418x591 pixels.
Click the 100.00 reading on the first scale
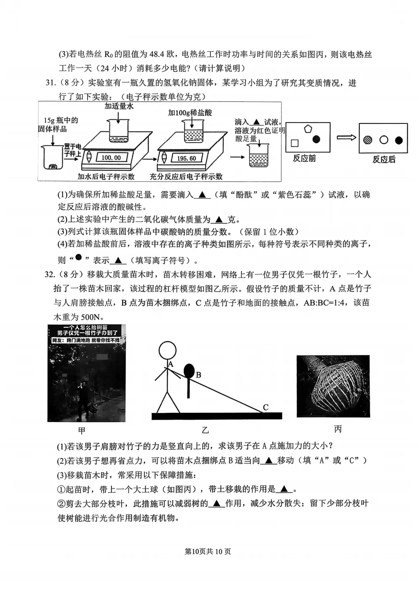[x=111, y=158]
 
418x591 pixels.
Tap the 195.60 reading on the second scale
[x=186, y=158]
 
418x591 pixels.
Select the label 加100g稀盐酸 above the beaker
[x=190, y=112]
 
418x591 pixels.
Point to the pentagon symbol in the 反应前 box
[x=308, y=129]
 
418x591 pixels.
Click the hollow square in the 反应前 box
[x=295, y=143]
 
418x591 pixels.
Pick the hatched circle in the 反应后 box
[x=368, y=140]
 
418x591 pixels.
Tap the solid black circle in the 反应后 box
[x=399, y=140]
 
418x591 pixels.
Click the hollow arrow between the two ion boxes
[x=346, y=137]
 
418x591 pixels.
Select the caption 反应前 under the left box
[x=304, y=158]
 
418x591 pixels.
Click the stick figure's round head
[x=167, y=350]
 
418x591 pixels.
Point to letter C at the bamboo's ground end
[x=265, y=407]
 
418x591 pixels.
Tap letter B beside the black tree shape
[x=198, y=375]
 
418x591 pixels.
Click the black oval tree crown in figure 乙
[x=189, y=371]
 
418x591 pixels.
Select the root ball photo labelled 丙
[x=333, y=386]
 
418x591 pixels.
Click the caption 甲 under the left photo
[x=82, y=430]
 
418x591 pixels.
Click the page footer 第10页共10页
[x=208, y=551]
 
